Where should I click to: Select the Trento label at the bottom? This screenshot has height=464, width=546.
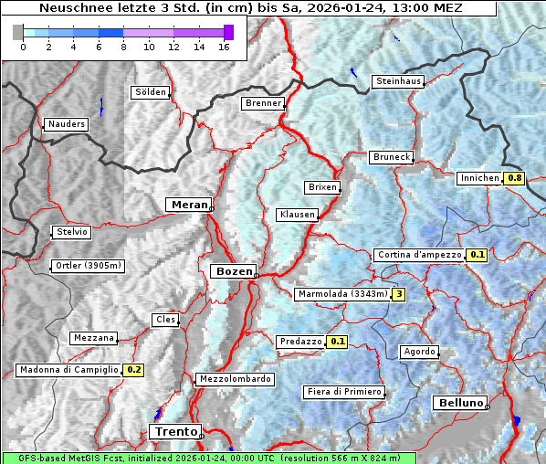[173, 431]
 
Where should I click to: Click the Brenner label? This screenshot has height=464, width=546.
[264, 103]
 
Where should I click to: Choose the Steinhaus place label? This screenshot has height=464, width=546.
[399, 81]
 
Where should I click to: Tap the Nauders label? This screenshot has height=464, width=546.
[66, 124]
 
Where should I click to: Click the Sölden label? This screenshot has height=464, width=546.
[151, 92]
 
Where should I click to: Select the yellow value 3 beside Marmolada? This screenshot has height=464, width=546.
[398, 294]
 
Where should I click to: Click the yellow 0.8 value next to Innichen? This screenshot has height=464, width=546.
[515, 178]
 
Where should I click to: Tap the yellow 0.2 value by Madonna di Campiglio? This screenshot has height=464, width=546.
[134, 370]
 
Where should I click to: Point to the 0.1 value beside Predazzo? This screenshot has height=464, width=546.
[338, 342]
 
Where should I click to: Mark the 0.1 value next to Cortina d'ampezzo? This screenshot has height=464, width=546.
[477, 255]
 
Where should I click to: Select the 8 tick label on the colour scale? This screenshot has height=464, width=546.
[122, 47]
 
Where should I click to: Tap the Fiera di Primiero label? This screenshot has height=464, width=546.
[344, 392]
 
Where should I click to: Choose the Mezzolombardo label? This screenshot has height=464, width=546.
[234, 378]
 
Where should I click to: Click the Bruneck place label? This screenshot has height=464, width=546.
[392, 157]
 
